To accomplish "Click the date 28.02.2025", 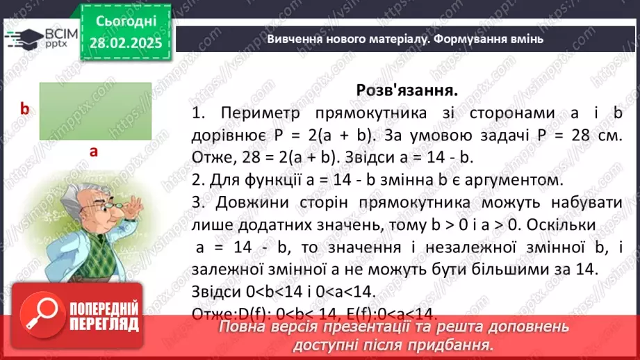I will (126, 43).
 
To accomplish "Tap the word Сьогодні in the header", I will (126, 22).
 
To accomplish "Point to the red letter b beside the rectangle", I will (24, 108).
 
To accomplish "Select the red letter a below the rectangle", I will (92, 151).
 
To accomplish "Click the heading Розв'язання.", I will (407, 90).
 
